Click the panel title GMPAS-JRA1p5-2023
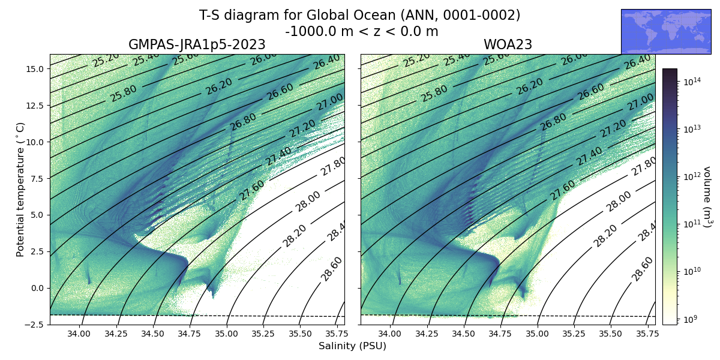click(197, 44)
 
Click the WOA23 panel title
click(508, 44)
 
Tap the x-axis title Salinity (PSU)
click(352, 346)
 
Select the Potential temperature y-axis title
click(20, 190)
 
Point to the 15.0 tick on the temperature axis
click(35, 69)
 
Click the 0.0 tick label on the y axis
click(37, 288)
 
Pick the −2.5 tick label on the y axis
click(34, 325)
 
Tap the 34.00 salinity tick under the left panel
click(80, 334)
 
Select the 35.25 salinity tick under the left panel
click(263, 334)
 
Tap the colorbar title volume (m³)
click(707, 197)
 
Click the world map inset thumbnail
click(666, 31)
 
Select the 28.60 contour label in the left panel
click(331, 269)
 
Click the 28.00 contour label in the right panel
click(619, 202)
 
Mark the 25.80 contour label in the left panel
click(124, 94)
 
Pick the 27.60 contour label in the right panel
click(563, 190)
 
